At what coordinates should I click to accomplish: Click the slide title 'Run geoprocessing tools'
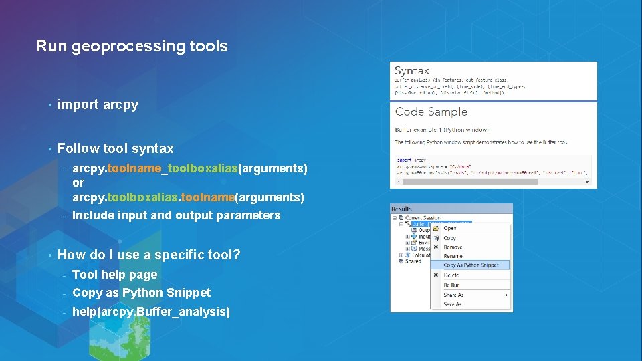(x=132, y=47)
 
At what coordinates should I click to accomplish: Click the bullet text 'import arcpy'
(x=98, y=104)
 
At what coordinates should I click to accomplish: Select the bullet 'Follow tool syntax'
(x=115, y=148)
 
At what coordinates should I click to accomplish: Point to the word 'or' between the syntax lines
(x=78, y=183)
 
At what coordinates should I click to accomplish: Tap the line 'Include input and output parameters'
(x=176, y=215)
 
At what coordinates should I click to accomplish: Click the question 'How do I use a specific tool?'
(x=148, y=255)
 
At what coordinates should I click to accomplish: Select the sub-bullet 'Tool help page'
(x=114, y=275)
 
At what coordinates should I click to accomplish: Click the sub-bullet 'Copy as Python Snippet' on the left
(x=141, y=293)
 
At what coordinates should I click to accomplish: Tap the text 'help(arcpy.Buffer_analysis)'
(x=150, y=312)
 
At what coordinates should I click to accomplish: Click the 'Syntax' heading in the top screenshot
(x=412, y=71)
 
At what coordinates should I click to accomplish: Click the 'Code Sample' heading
(x=431, y=112)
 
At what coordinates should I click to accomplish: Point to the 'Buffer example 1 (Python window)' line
(x=441, y=129)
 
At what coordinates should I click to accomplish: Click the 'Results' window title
(x=403, y=209)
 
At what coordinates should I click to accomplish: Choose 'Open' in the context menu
(x=450, y=228)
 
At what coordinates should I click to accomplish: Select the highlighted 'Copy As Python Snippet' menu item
(x=475, y=265)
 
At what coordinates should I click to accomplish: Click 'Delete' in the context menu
(x=451, y=275)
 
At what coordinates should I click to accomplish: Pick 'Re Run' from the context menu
(x=452, y=285)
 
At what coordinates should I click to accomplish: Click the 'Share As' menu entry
(x=453, y=295)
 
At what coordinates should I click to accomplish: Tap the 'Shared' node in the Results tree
(x=413, y=261)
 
